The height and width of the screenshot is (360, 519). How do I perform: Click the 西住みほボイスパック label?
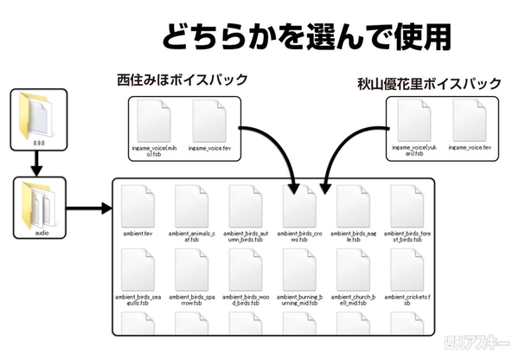183,80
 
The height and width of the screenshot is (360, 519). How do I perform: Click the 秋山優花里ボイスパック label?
429,85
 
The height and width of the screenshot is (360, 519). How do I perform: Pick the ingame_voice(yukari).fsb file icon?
417,122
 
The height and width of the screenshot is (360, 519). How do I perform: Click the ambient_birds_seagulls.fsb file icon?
138,269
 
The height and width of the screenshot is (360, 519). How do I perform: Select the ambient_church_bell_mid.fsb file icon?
353,269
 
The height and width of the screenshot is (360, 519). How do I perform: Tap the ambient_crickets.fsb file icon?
407,269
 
